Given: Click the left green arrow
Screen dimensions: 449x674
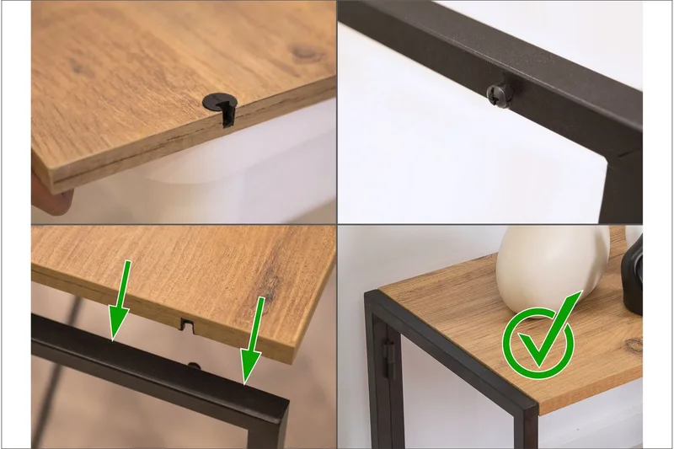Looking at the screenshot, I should pyautogui.click(x=120, y=301).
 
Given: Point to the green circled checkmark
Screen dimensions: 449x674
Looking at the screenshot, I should pyautogui.click(x=538, y=340).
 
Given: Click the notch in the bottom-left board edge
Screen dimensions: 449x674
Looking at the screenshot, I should pyautogui.click(x=190, y=323).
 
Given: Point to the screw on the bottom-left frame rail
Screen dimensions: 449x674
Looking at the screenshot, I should pyautogui.click(x=195, y=366).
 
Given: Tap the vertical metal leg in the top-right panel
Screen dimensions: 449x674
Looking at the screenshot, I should pyautogui.click(x=623, y=190).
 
